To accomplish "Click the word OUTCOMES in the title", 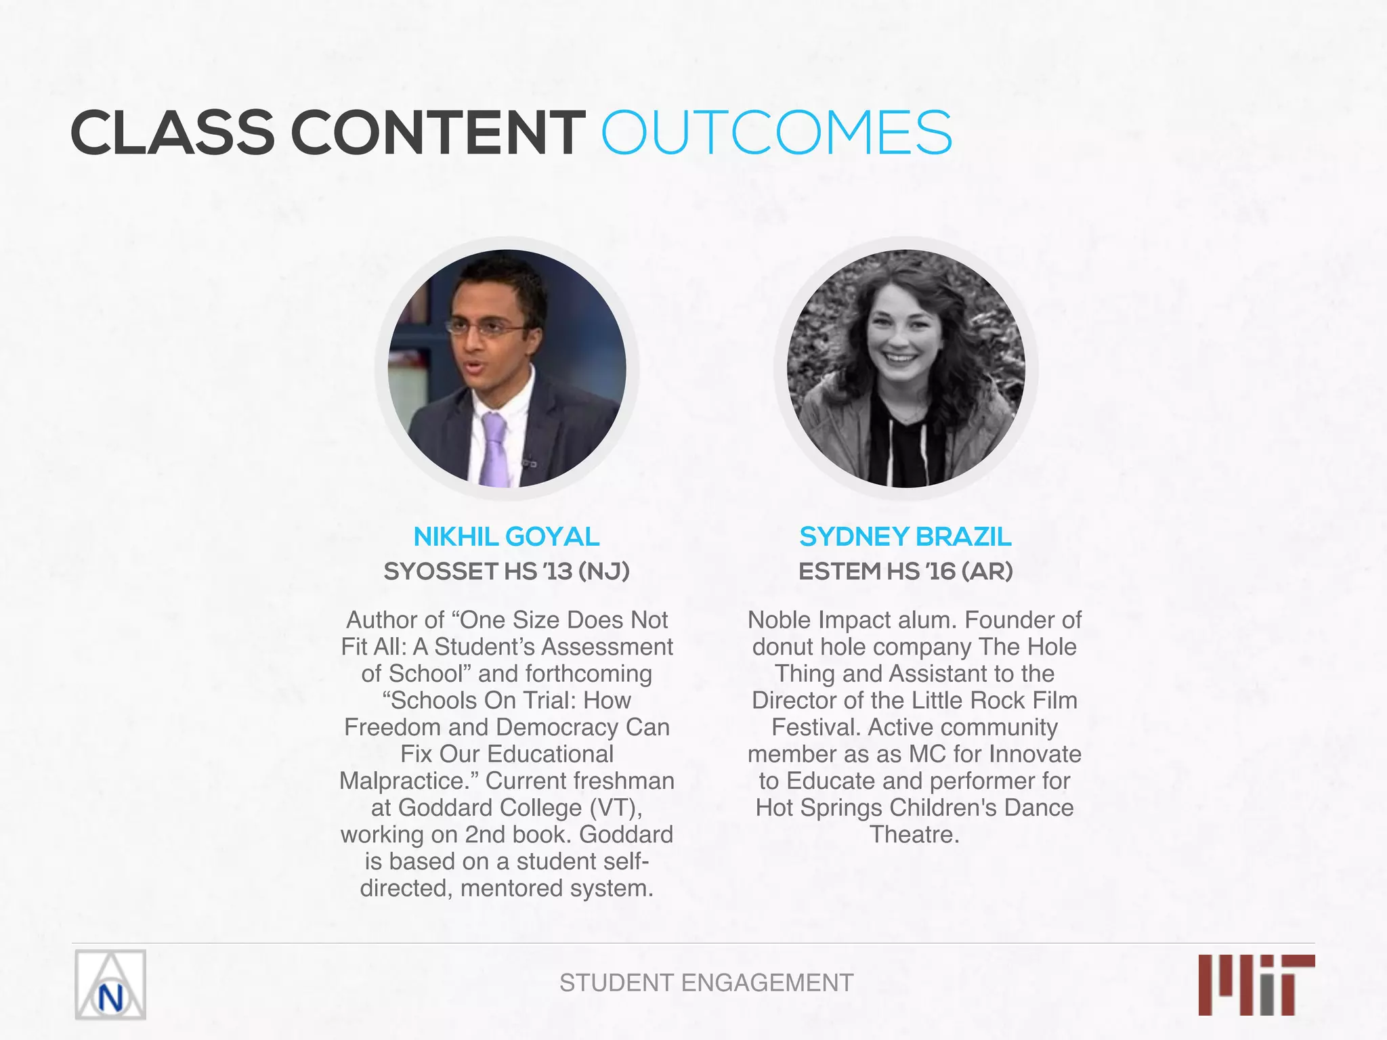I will coord(777,133).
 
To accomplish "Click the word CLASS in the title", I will coord(173,133).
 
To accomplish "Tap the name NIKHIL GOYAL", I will coord(507,537).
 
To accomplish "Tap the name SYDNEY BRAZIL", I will coord(905,537).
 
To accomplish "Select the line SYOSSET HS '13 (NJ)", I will coord(507,571).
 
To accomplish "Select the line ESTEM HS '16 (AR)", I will coord(905,571).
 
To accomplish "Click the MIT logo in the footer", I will coord(1256,984).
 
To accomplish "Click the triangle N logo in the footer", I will coord(110,985).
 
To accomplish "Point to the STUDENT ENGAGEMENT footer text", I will coord(706,982).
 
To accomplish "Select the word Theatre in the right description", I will coord(914,834).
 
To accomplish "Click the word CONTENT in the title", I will coord(439,133).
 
